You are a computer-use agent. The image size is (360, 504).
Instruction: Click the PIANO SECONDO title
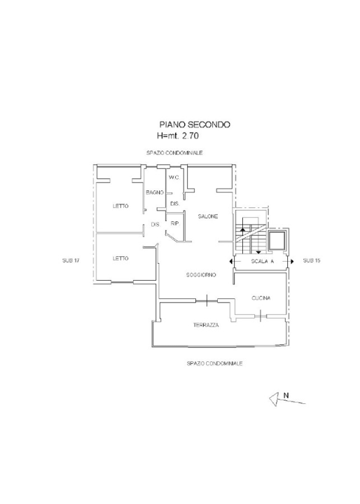click(195, 125)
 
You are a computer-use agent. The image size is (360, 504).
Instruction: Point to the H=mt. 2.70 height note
click(178, 136)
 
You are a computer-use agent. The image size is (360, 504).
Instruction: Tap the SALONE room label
click(208, 216)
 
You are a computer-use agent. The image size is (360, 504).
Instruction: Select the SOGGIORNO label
click(201, 275)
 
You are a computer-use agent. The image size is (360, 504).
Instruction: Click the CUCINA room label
click(261, 298)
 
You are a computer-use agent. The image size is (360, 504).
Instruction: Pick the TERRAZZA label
click(206, 325)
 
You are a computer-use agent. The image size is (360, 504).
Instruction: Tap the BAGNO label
click(155, 192)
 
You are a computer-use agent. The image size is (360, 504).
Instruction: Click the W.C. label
click(174, 177)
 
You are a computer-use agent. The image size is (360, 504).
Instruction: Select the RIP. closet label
click(175, 224)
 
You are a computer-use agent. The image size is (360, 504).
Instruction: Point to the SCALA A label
click(263, 261)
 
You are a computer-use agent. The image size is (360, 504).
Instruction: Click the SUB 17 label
click(71, 260)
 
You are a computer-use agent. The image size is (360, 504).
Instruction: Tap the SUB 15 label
click(312, 260)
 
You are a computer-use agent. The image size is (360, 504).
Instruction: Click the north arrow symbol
click(287, 400)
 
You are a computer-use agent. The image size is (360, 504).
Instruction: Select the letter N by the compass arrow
click(286, 395)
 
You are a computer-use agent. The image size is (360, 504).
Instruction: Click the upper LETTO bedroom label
click(120, 206)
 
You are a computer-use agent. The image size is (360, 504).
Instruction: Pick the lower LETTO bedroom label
click(120, 258)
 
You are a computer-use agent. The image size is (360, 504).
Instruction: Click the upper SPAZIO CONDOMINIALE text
click(174, 153)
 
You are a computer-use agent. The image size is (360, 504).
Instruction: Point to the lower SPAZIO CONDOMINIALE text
click(214, 363)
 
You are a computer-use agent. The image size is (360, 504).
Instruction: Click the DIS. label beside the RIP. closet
click(155, 225)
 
